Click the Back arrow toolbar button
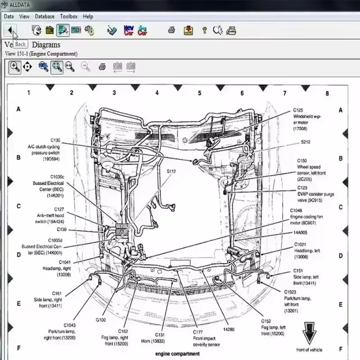coord(10,31)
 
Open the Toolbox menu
coord(69,16)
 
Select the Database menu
coord(45,16)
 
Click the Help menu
coord(88,16)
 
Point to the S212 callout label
coord(306,142)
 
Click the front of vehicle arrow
coord(309,333)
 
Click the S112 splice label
coord(171,171)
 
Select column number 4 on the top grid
coord(157,93)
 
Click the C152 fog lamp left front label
coord(273,327)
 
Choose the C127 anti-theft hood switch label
coord(50,215)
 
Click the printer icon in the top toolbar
coord(171,31)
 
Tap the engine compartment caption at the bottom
coord(177,354)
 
